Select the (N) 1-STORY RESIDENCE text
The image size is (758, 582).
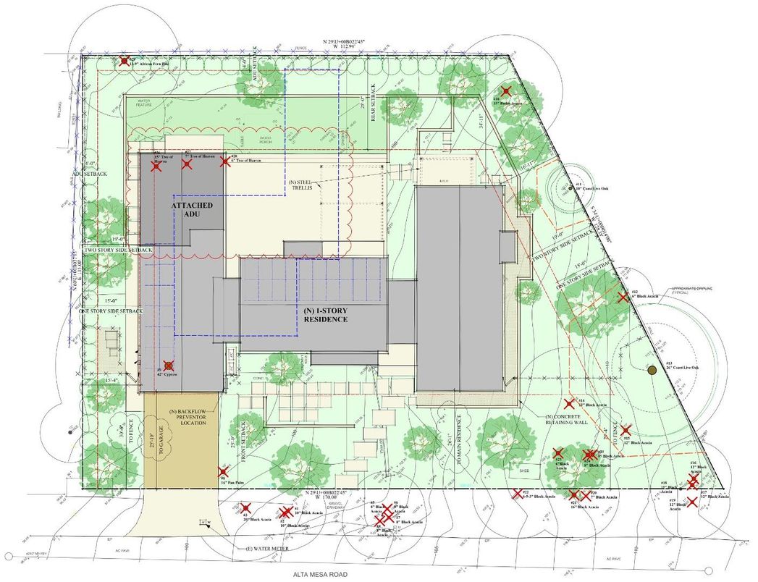pyautogui.click(x=326, y=315)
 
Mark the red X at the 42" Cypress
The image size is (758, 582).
pyautogui.click(x=169, y=366)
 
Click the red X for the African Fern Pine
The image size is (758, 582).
pyautogui.click(x=125, y=62)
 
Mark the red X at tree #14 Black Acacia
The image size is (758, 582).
pyautogui.click(x=570, y=404)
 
